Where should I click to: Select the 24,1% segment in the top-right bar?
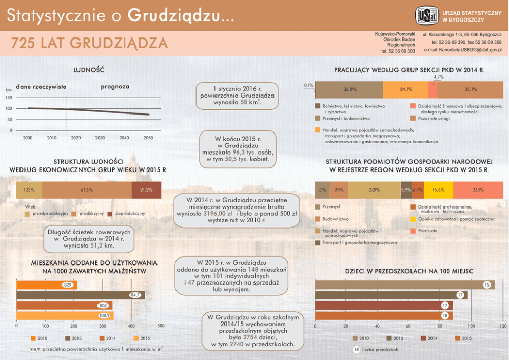click(x=406, y=89)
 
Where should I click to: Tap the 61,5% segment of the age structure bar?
click(x=86, y=190)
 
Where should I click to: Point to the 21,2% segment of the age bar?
click(x=146, y=190)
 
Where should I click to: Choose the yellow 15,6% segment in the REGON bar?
click(x=438, y=190)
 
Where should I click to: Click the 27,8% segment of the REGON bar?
click(x=478, y=190)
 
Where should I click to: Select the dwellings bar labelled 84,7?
click(x=81, y=295)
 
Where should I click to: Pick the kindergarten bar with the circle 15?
click(x=404, y=285)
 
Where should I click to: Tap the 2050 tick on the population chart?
click(x=148, y=138)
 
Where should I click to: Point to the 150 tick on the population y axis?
click(x=9, y=98)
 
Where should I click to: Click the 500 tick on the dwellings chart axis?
click(x=161, y=326)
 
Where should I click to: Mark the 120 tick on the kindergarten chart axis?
click(x=502, y=326)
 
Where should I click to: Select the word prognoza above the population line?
click(x=115, y=87)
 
